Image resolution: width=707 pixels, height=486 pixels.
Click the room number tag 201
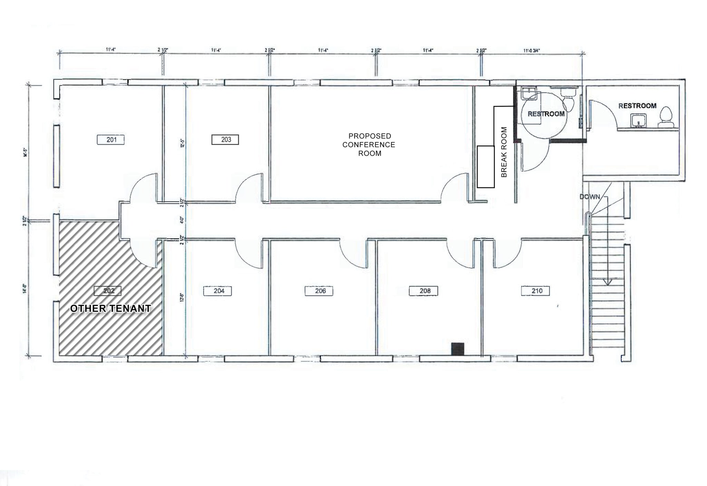(111, 140)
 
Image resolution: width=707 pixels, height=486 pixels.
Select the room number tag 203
(225, 140)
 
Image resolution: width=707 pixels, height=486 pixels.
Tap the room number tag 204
(218, 291)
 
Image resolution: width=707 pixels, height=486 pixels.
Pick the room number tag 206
(319, 291)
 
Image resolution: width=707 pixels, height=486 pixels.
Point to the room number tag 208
(424, 291)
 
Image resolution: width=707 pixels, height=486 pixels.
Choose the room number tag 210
(535, 291)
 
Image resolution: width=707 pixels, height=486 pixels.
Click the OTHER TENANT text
(111, 308)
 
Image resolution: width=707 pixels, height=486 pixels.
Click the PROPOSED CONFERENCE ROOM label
(369, 145)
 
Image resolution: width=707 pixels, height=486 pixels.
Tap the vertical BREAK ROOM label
(504, 152)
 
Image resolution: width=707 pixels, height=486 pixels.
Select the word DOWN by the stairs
(590, 197)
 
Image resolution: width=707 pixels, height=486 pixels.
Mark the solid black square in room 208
(458, 349)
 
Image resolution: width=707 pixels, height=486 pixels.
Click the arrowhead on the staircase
(608, 282)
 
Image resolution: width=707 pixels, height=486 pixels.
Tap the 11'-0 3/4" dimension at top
(531, 50)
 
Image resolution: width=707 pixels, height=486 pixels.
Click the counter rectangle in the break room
(486, 167)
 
